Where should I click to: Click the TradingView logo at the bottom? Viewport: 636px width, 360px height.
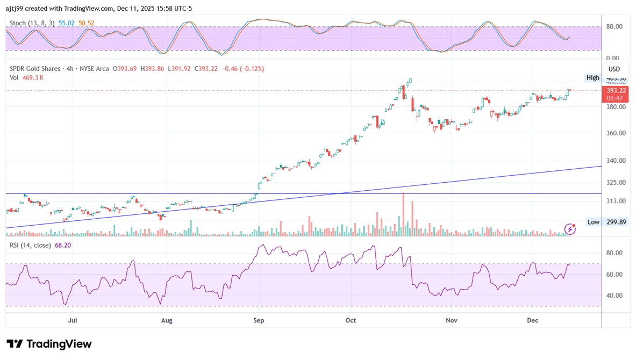pos(49,344)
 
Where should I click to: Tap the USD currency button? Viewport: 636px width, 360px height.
pos(614,69)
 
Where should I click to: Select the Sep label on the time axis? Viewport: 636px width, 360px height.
pos(259,321)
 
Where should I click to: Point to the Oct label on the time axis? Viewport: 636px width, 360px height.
pos(351,321)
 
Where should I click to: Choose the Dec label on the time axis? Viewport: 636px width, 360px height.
pos(533,321)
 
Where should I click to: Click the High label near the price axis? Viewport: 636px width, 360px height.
pos(593,78)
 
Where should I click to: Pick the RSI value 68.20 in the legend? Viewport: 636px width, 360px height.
pos(63,245)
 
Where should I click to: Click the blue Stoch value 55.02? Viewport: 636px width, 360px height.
pos(66,24)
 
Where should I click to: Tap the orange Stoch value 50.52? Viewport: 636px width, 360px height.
pos(86,24)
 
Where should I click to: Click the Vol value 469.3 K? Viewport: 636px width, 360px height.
pos(33,77)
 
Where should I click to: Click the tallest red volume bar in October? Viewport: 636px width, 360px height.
pos(403,214)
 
